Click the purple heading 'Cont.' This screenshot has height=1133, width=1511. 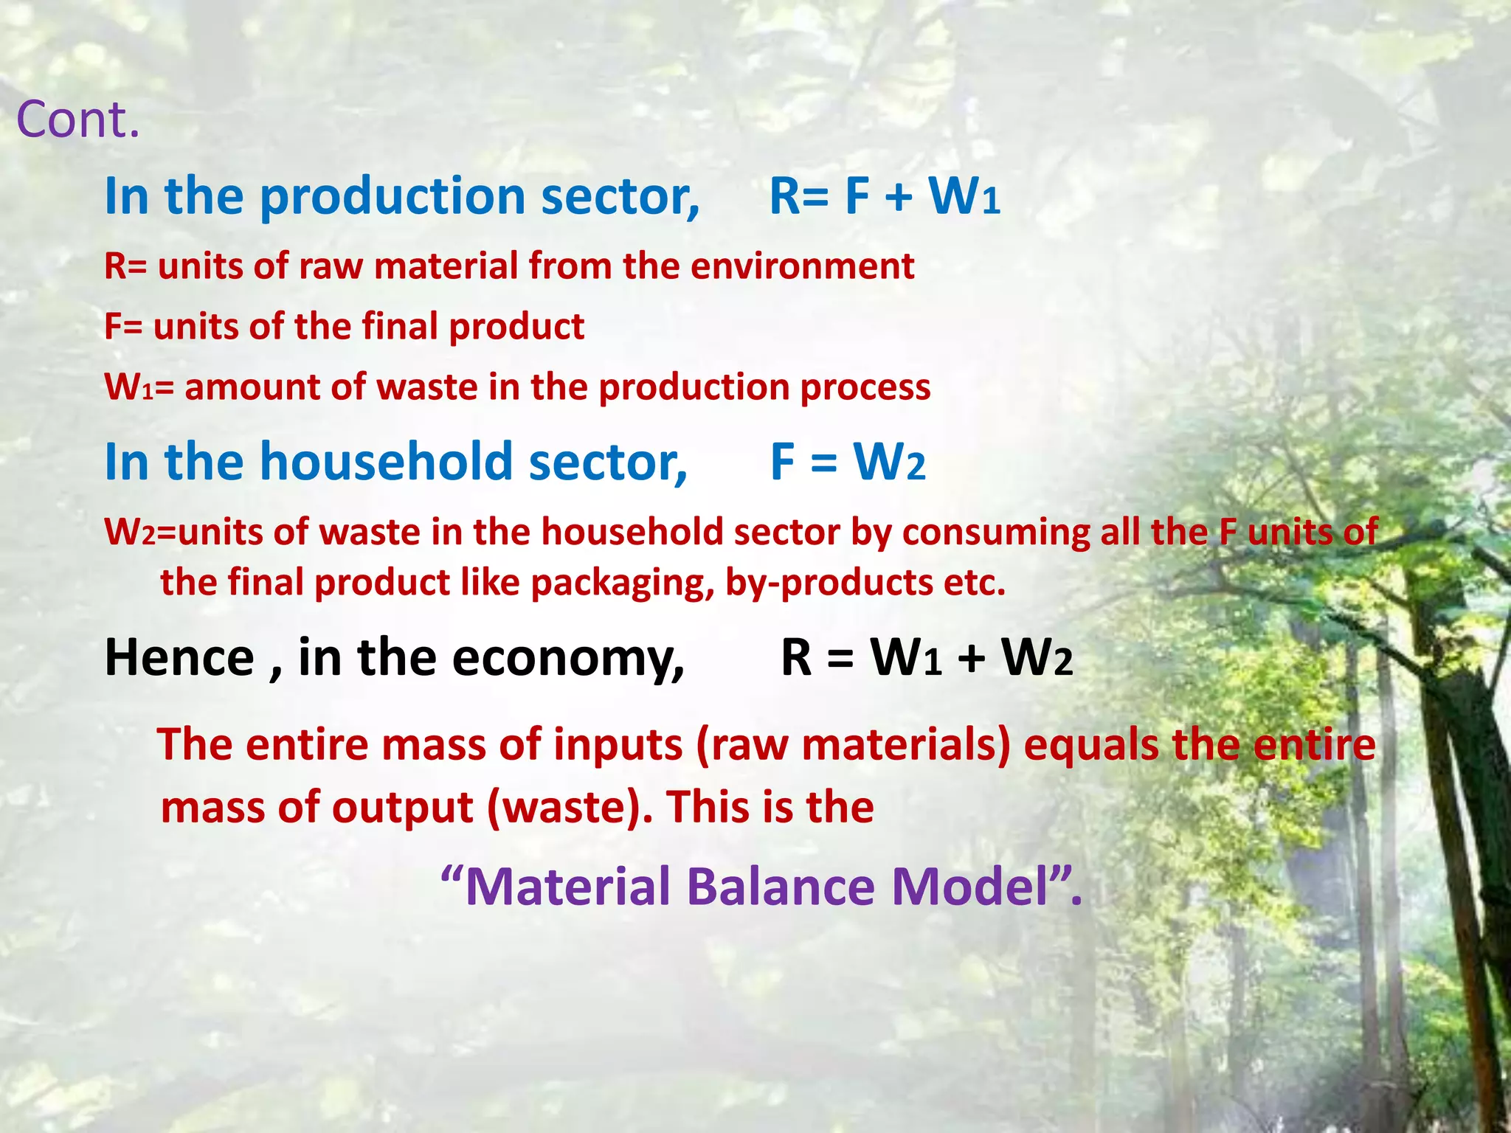pos(77,119)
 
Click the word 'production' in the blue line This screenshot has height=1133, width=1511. pos(394,197)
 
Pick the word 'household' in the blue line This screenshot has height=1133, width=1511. pos(387,462)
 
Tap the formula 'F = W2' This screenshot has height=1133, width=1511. pos(848,462)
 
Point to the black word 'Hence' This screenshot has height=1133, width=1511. pos(179,657)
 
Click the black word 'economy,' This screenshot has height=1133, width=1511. pos(568,657)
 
